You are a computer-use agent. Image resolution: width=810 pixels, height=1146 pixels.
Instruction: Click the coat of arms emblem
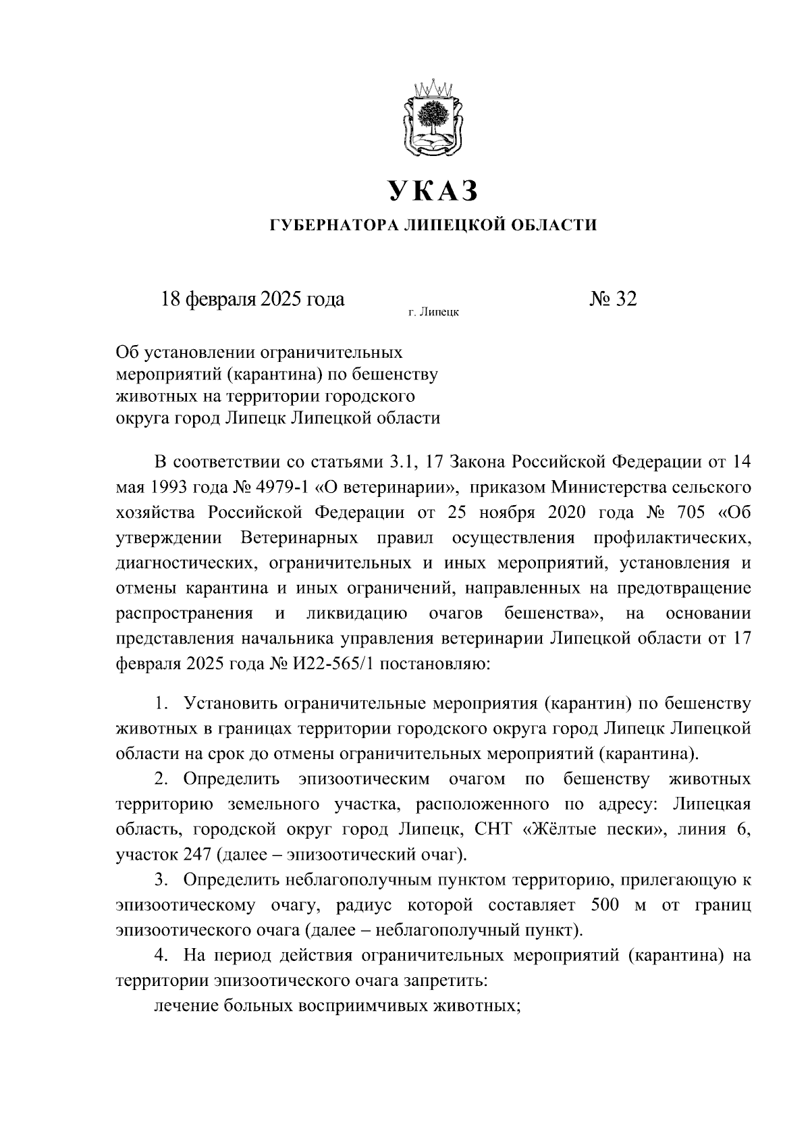coord(432,120)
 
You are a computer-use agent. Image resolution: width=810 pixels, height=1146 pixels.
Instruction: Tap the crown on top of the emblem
coord(432,88)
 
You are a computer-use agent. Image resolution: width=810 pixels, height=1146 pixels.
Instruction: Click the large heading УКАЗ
coord(433,191)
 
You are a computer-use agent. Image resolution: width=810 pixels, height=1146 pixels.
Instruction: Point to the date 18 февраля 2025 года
coord(252,298)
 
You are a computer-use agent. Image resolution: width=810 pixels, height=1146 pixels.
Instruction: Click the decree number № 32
coord(612,298)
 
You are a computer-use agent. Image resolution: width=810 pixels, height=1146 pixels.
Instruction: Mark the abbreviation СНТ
coord(495,830)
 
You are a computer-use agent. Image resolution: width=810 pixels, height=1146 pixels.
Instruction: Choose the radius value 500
coord(604,906)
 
